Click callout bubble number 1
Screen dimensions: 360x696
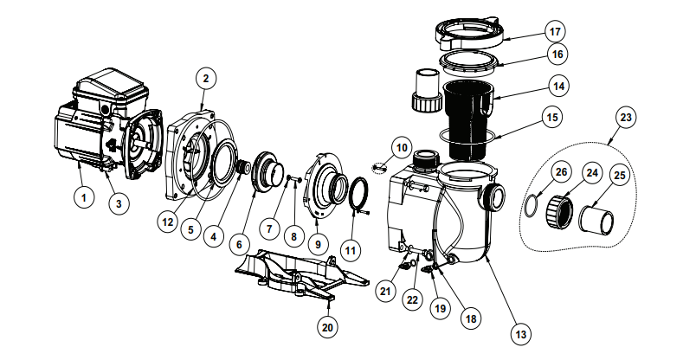tap(83, 198)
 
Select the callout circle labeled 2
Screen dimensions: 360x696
tap(204, 79)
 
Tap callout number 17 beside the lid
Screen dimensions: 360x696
tap(555, 33)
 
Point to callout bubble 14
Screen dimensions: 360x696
tap(560, 87)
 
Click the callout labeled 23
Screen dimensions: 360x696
tap(626, 116)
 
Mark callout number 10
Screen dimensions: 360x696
tap(400, 146)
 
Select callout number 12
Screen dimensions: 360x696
tap(167, 222)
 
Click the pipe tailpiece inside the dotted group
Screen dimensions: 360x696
tap(596, 220)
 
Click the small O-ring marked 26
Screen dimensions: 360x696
tap(529, 206)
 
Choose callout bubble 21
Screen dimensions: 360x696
tap(385, 292)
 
